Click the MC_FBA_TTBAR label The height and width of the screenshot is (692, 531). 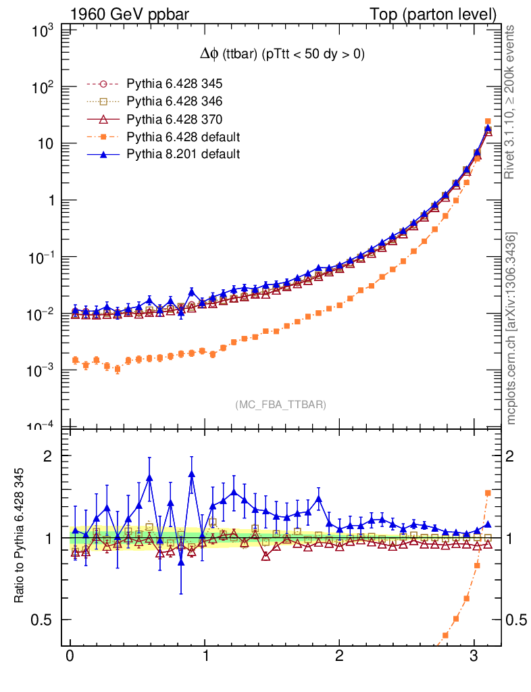click(x=281, y=405)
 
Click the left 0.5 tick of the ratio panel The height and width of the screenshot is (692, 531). click(x=45, y=620)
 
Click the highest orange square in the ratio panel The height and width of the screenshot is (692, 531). click(x=488, y=493)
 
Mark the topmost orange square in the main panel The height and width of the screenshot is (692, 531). click(x=488, y=121)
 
